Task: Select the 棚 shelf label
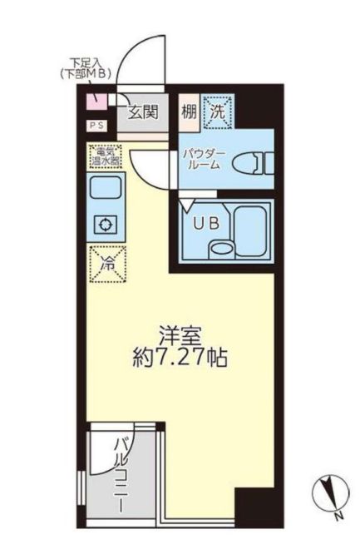point(190,107)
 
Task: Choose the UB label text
point(203,222)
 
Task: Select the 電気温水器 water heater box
point(105,156)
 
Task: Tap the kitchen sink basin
point(105,190)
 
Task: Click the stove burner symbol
point(105,225)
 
